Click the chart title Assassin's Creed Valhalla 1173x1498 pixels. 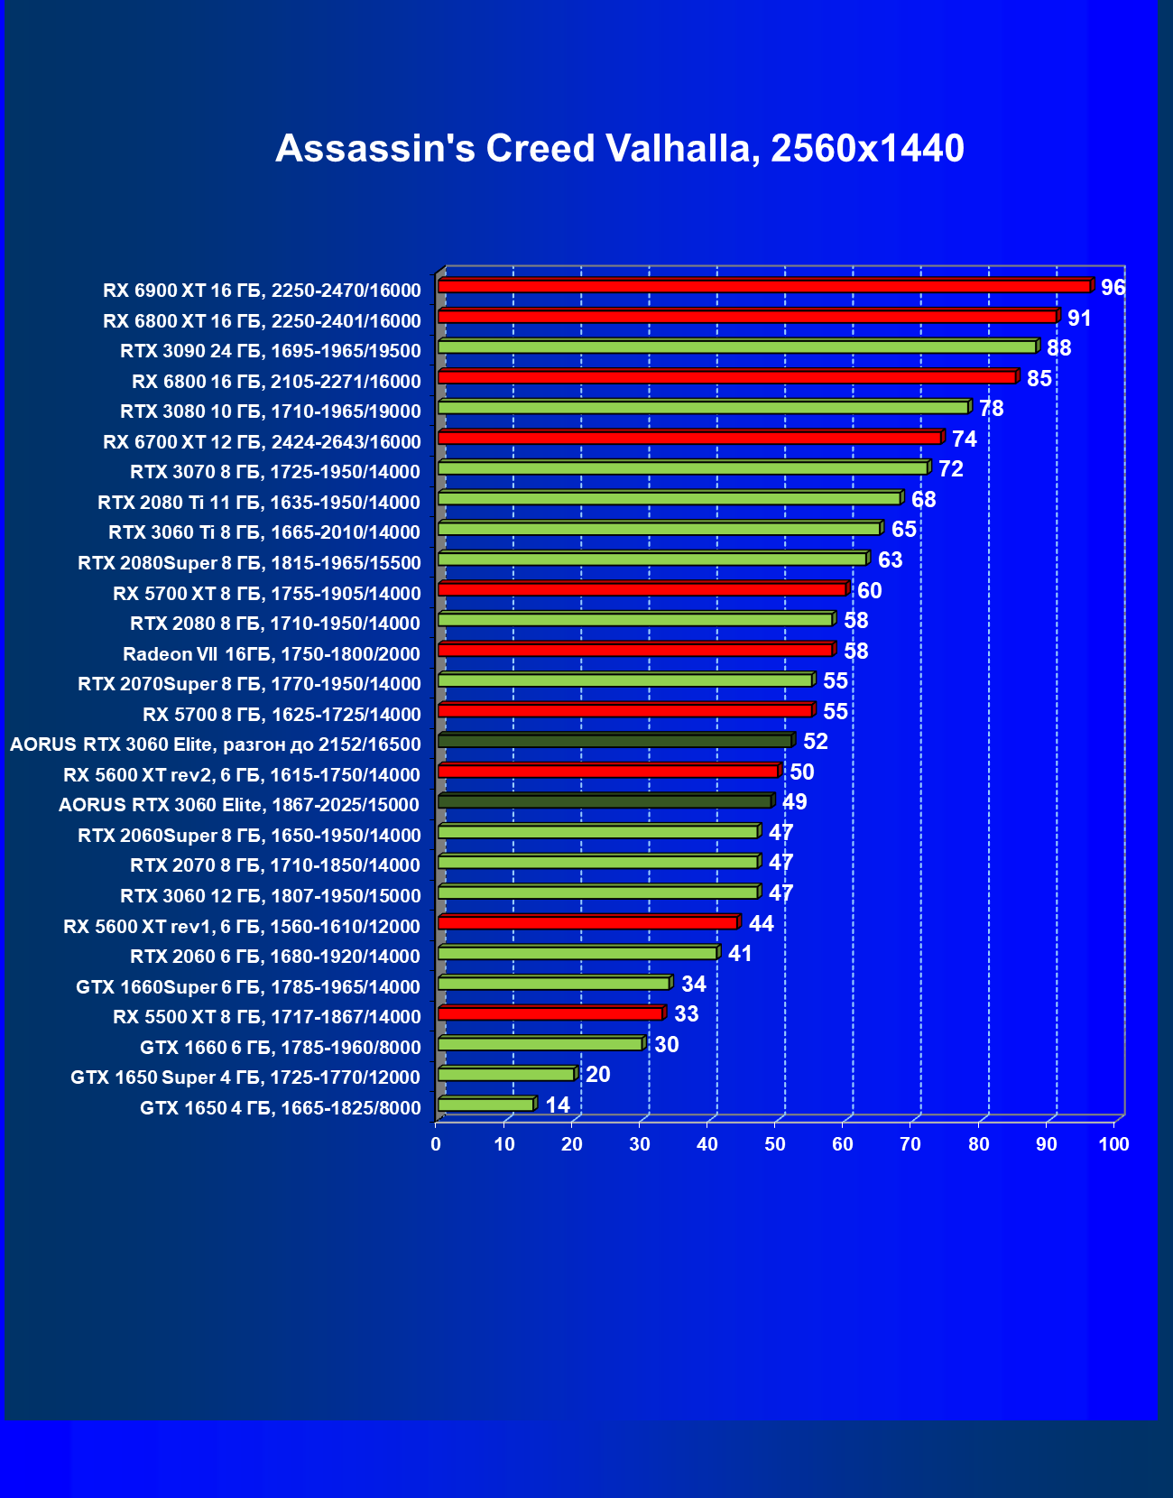click(619, 149)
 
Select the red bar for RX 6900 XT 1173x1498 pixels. click(763, 286)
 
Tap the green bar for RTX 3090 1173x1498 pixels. click(736, 347)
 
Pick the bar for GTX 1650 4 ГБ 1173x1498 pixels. click(485, 1105)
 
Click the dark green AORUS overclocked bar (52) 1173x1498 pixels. click(614, 741)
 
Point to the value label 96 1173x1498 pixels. click(1113, 288)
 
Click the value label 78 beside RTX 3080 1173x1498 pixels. click(991, 409)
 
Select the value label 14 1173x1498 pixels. click(558, 1105)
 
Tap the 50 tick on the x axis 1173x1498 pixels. click(775, 1144)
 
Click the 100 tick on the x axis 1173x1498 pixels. click(1113, 1144)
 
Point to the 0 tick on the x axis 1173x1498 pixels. click(437, 1144)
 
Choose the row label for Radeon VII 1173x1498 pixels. click(272, 654)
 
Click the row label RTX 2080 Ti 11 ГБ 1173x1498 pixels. click(259, 503)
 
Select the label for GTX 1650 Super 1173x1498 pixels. click(245, 1077)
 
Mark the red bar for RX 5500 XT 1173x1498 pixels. click(550, 1013)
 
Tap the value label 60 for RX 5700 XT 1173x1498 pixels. click(869, 591)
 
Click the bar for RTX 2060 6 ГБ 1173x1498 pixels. click(577, 953)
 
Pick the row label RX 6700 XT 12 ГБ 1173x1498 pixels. click(262, 442)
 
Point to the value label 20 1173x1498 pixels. click(597, 1075)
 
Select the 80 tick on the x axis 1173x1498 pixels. click(978, 1144)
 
